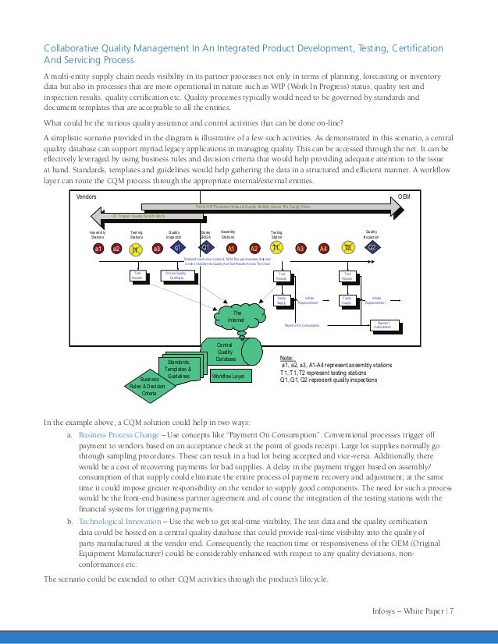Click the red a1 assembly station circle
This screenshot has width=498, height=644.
[99, 248]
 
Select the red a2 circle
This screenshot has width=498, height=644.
[116, 248]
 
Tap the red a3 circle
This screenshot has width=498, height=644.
[157, 248]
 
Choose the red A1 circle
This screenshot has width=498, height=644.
[232, 248]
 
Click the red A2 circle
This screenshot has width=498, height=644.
[254, 248]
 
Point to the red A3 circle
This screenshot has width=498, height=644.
[301, 248]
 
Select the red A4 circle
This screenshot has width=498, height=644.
[324, 248]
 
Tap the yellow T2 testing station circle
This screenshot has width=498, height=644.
[349, 248]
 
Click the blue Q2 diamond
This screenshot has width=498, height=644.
[373, 248]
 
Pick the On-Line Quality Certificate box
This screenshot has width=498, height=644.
[177, 275]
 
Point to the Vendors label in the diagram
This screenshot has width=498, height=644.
[87, 198]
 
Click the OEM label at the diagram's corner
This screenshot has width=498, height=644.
[404, 197]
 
